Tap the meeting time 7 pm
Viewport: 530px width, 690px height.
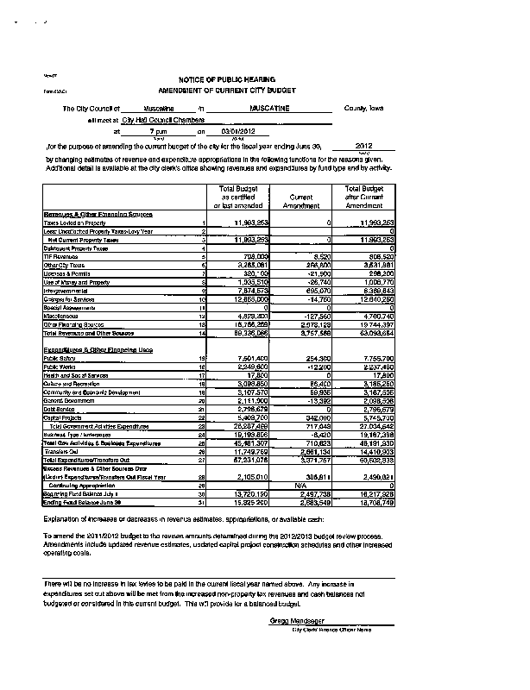click(x=158, y=132)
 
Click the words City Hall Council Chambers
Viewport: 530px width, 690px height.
click(x=167, y=121)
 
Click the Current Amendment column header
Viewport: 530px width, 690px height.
click(x=299, y=202)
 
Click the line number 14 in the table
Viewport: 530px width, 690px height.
click(x=202, y=331)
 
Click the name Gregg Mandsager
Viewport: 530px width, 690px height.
click(x=288, y=620)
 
